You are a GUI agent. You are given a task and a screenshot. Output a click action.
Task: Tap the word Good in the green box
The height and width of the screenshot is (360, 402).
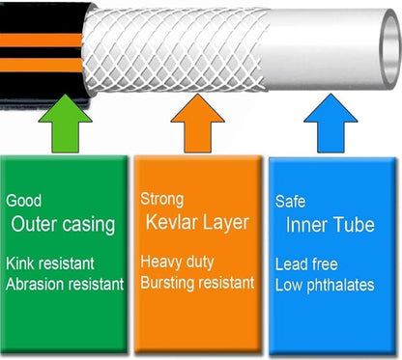coord(23,202)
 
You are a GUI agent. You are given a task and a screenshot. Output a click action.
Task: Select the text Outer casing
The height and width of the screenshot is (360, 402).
coord(63,225)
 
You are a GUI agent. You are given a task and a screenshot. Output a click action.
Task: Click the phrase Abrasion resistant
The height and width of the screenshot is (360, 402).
coord(65,284)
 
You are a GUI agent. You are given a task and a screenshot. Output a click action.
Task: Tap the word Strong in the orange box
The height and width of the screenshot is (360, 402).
coord(161,200)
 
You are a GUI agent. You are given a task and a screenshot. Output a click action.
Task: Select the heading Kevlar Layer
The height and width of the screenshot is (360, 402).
coord(198,223)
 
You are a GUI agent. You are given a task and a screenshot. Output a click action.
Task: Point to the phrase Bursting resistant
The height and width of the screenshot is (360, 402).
coord(197,283)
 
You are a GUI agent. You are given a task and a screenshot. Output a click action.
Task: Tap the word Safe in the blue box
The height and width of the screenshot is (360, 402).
coord(291,203)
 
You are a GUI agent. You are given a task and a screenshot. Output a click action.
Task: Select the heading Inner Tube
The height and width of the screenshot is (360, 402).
coord(330,226)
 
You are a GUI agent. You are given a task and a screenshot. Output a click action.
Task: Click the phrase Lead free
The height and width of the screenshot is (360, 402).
coord(307,264)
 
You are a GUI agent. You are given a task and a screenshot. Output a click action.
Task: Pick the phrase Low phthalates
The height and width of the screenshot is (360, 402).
coord(325,285)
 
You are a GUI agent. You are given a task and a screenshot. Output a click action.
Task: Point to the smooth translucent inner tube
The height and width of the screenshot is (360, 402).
coord(329,48)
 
